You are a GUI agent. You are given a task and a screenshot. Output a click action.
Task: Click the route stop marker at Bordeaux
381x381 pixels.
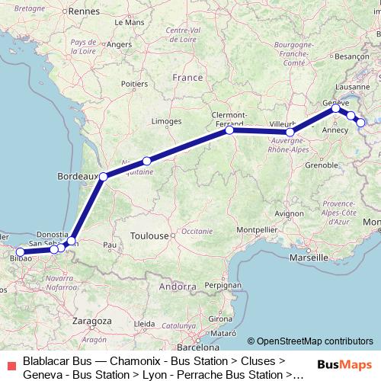104,176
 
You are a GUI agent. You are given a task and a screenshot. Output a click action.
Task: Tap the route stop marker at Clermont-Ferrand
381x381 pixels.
229,130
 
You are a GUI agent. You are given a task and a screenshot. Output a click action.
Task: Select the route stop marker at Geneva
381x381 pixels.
335,108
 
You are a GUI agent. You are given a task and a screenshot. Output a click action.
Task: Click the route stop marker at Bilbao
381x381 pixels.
20,252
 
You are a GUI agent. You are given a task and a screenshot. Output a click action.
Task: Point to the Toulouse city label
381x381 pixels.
149,236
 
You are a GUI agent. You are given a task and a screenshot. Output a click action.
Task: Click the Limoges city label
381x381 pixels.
166,121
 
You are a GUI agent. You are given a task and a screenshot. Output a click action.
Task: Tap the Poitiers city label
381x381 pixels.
134,84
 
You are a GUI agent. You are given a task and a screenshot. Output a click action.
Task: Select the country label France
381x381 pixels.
187,78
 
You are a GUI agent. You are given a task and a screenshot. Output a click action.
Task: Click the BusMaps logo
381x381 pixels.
344,364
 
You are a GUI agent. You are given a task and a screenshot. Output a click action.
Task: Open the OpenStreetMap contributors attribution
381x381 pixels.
310,341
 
